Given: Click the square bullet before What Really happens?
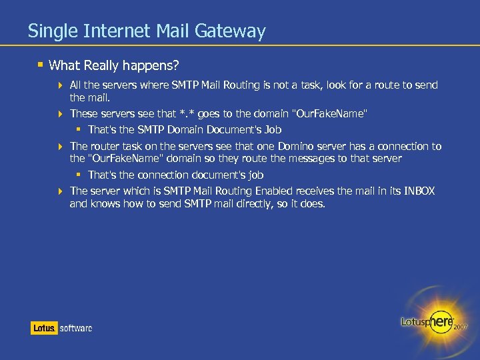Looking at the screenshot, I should point(41,65).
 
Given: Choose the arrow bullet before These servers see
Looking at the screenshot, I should point(61,114).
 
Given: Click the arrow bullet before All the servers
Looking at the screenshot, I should point(61,85).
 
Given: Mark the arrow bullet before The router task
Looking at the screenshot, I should point(61,147).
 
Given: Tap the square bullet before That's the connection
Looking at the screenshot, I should point(79,175).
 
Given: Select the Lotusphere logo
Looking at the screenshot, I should point(427,321).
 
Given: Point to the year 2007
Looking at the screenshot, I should point(461,327).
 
